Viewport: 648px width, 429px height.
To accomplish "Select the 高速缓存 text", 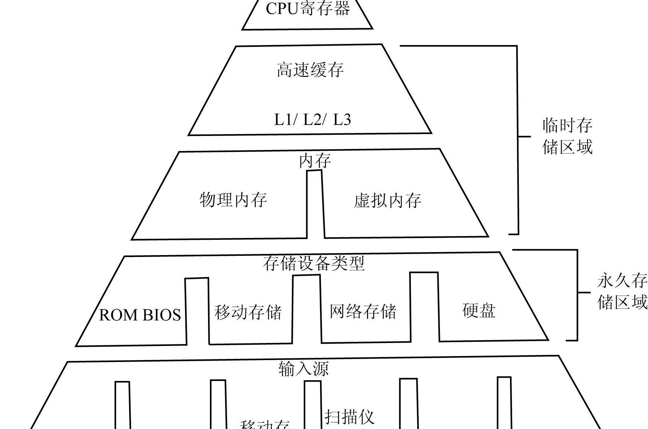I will click(310, 70).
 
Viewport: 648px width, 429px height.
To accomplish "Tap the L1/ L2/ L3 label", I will click(312, 120).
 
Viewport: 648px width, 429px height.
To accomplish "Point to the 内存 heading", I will click(315, 161).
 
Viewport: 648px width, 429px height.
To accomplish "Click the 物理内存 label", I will click(233, 200).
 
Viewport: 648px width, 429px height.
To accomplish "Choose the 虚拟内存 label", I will click(387, 201).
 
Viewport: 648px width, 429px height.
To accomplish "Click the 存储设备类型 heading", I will click(313, 263).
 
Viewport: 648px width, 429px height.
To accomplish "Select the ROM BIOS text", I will click(140, 315).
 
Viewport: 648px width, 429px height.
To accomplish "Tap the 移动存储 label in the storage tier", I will click(248, 312).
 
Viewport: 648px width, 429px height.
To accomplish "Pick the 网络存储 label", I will click(363, 311).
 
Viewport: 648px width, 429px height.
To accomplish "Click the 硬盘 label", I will click(479, 310).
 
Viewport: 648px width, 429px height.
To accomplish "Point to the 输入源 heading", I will click(303, 369).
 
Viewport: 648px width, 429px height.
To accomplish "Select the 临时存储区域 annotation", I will click(567, 136).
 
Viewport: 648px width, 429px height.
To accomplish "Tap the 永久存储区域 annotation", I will click(622, 291).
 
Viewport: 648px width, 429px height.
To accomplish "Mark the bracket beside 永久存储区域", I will click(577, 294).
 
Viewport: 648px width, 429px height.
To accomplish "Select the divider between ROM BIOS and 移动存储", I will click(197, 311).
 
